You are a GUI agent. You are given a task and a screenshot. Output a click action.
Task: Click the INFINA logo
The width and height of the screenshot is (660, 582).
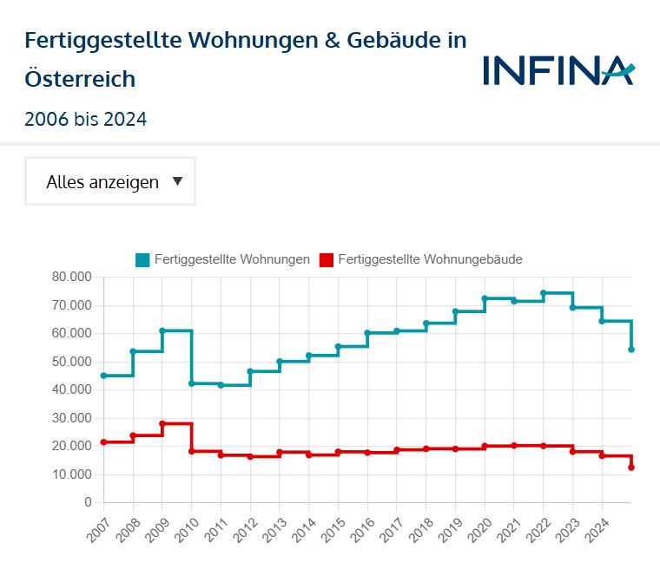pos(558,70)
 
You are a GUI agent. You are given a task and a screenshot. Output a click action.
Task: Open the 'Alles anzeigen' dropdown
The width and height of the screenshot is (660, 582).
pos(110,181)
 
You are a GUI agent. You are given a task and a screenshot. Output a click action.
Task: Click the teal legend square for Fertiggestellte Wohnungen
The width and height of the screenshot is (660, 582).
pos(142,259)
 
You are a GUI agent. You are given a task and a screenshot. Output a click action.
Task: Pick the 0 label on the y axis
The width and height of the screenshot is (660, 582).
pos(88,503)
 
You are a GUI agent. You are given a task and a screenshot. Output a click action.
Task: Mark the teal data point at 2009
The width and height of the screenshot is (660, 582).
pos(162,330)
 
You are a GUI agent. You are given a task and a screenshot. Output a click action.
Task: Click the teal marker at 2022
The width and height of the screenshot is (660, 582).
pos(544,293)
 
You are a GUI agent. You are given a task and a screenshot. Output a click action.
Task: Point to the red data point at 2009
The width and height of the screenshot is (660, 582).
pos(162,423)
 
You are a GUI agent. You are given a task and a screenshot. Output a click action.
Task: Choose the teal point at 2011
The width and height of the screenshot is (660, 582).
pos(221,385)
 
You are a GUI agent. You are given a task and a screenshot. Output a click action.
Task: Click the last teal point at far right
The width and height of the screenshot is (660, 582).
pos(631,350)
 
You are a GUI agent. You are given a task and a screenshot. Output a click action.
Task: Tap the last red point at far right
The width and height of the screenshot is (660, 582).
pos(631,468)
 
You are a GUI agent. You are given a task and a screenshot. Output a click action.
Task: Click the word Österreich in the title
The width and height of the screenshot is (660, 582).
pos(80,79)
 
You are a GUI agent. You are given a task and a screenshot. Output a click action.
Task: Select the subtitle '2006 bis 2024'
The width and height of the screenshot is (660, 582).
pos(86,119)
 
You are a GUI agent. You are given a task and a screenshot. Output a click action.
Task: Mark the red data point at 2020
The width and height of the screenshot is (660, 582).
pos(485,447)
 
